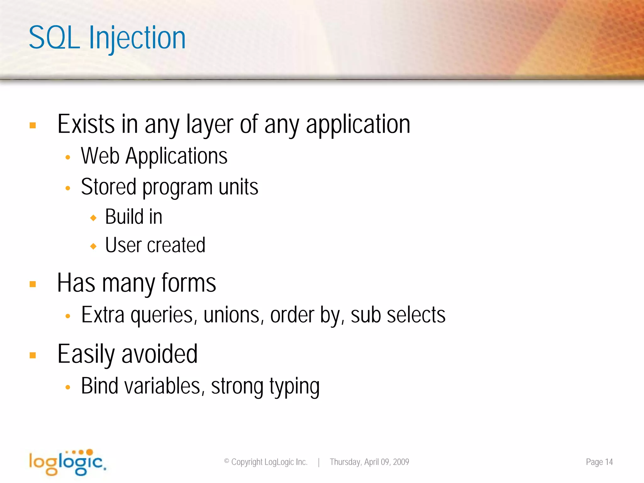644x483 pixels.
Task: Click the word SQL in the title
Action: [x=54, y=38]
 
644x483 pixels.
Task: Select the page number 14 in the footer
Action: [x=609, y=462]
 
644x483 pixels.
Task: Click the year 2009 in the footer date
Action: [x=401, y=462]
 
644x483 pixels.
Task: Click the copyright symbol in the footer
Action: [x=226, y=461]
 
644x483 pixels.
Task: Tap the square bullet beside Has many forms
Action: [x=33, y=284]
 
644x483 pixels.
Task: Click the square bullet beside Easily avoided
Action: [x=33, y=355]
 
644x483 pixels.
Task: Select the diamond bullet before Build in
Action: [x=93, y=218]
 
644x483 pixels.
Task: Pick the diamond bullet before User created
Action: [x=93, y=246]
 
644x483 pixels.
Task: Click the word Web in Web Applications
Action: [x=100, y=156]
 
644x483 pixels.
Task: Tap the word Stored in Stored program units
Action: [x=108, y=187]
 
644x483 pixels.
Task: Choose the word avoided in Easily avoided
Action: [x=159, y=354]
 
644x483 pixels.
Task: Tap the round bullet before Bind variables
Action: [x=68, y=387]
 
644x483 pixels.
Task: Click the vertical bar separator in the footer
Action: [x=319, y=462]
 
